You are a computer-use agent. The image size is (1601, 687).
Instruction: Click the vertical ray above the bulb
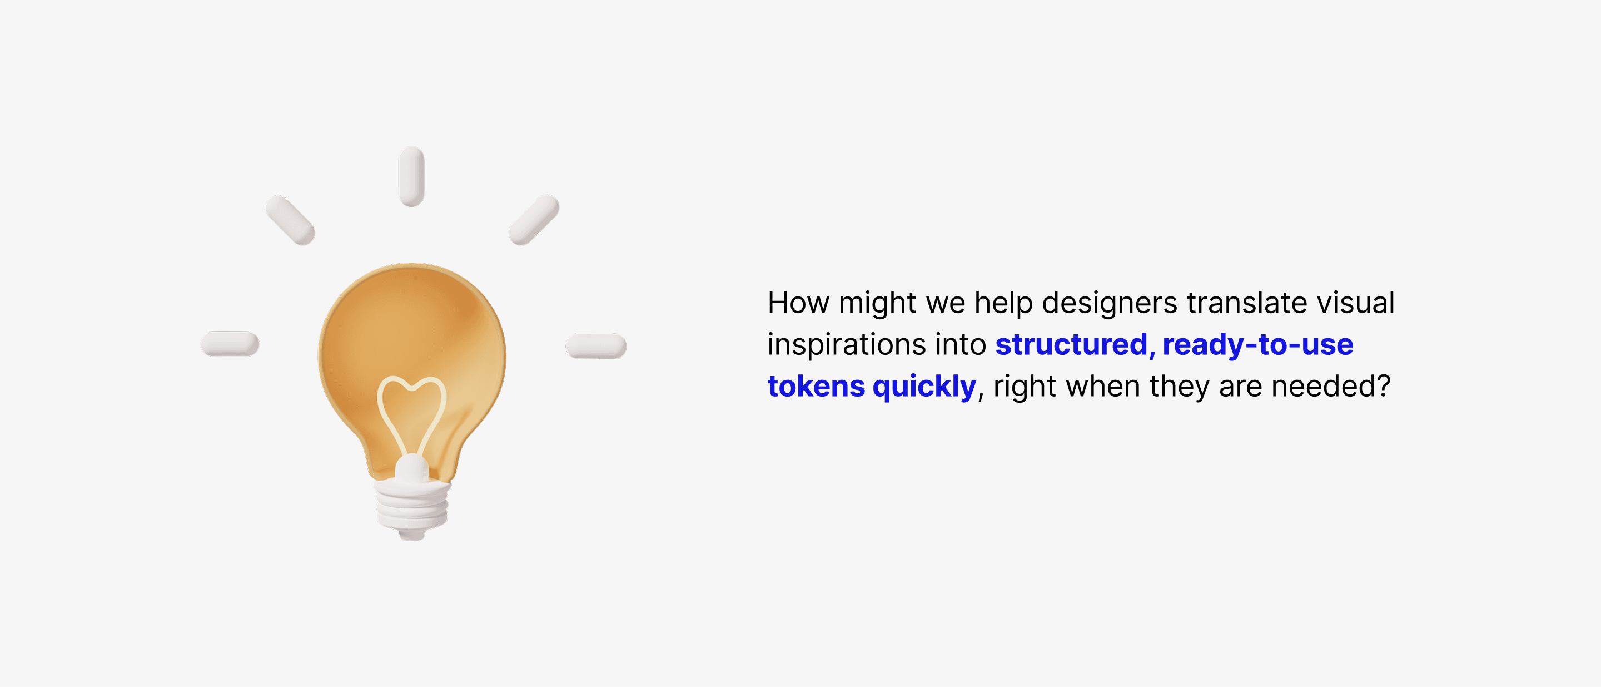point(411,176)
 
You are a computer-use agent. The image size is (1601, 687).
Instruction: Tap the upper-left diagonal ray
point(290,220)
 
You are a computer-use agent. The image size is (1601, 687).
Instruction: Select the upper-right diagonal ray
point(534,220)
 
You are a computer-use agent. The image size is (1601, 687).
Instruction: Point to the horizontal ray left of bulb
point(230,344)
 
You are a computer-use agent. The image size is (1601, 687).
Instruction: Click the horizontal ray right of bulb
point(596,345)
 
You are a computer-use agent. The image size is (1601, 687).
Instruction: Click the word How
point(799,303)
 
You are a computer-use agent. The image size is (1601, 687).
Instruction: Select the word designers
point(1110,303)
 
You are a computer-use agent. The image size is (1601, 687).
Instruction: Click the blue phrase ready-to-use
point(1258,345)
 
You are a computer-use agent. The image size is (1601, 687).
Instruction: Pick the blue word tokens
point(816,386)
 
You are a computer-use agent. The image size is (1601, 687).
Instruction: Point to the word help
point(1003,303)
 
